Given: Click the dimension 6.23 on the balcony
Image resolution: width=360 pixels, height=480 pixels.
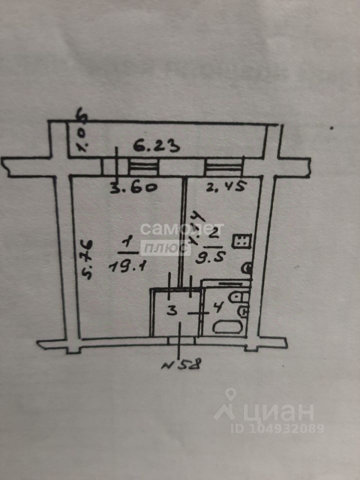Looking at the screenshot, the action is point(157,147).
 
